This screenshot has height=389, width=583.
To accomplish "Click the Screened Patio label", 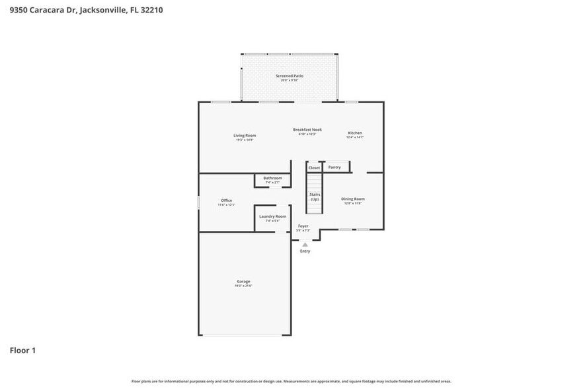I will pos(290,76).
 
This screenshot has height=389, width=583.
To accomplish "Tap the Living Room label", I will pos(244,136).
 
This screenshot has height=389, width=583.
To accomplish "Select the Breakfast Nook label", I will pos(307,130).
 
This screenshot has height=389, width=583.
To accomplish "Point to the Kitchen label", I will pos(355,133).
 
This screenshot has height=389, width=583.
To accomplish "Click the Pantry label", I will pos(334,167).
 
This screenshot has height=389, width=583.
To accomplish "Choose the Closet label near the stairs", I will pos(314,168).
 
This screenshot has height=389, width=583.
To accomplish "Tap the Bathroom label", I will pos(272,178).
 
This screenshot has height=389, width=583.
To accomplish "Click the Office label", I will pos(226,200).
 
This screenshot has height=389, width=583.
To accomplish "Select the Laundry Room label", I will pos(272,216).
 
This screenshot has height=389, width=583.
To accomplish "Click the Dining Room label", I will pos(353,199).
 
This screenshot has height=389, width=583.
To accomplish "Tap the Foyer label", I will pos(303,226).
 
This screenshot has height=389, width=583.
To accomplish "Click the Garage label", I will pos(243,282).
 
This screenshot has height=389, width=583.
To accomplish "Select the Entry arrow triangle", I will pos(305,245).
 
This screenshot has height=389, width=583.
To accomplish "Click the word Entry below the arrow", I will pos(305,251).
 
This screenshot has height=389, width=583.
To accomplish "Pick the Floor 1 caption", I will pos(22,350).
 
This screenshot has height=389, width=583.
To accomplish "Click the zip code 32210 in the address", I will pos(150,10).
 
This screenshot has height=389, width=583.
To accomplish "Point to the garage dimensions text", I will pos(243,286).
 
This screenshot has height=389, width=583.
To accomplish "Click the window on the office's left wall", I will pos(199,202).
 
